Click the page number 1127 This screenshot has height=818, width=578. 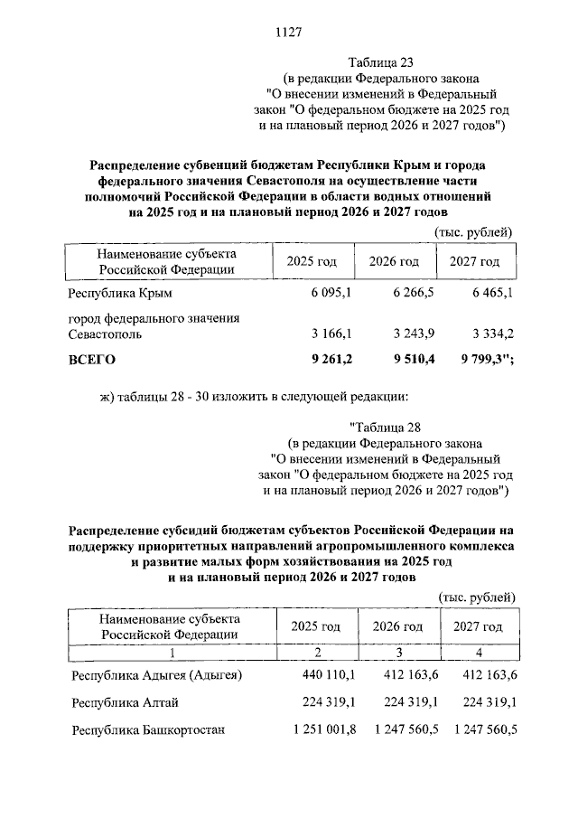[287, 33]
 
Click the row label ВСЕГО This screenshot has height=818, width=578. [92, 359]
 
